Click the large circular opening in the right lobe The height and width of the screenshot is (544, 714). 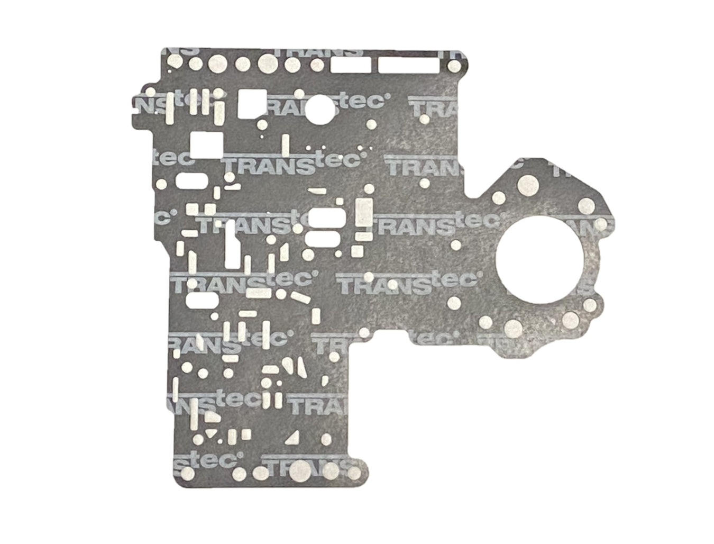(x=540, y=263)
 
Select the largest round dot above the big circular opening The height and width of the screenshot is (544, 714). (x=527, y=185)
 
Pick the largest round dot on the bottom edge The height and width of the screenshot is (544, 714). (x=299, y=468)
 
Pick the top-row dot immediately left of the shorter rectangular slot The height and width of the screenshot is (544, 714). (x=317, y=65)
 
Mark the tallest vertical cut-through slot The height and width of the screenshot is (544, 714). (x=231, y=243)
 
